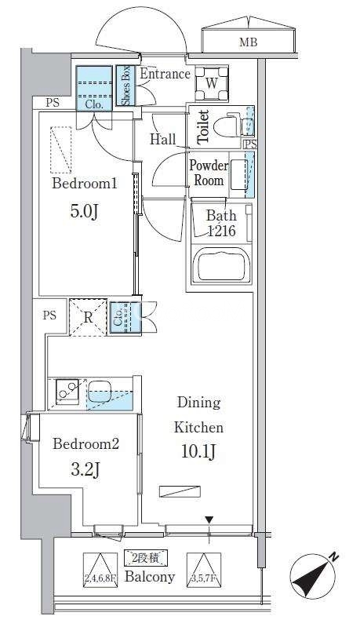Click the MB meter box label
(x=248, y=42)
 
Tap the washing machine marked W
(x=212, y=84)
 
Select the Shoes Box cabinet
(x=125, y=86)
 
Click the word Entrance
(x=165, y=74)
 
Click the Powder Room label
(x=209, y=173)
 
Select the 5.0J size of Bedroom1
(x=84, y=212)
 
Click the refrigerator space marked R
(x=88, y=318)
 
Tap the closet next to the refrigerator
(x=125, y=319)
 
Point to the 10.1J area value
(x=198, y=451)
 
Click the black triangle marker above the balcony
(x=209, y=520)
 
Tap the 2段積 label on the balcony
(x=146, y=558)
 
